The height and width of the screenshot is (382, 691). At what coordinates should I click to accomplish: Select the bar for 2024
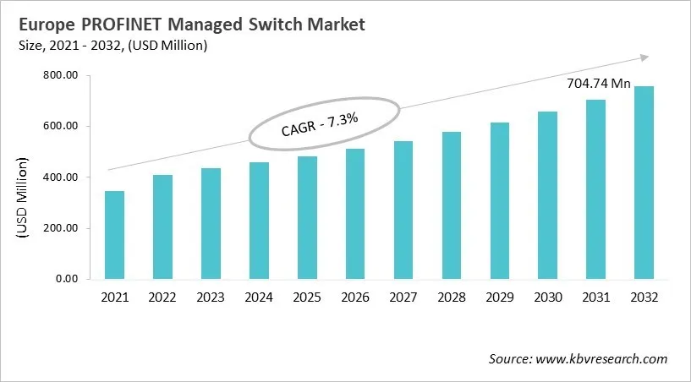point(259,221)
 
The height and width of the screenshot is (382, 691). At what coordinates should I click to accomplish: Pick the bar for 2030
point(548,195)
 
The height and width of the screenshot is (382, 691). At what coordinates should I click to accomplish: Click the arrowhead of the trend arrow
point(644,57)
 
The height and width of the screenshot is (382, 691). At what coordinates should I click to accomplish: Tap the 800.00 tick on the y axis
point(61,76)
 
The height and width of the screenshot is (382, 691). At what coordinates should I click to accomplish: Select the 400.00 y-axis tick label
point(61,177)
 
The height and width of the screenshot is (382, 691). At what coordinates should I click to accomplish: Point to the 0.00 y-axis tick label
point(66,279)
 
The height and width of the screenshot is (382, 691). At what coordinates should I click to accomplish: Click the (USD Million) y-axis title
point(23,196)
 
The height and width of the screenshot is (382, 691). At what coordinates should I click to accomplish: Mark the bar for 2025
point(307,217)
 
